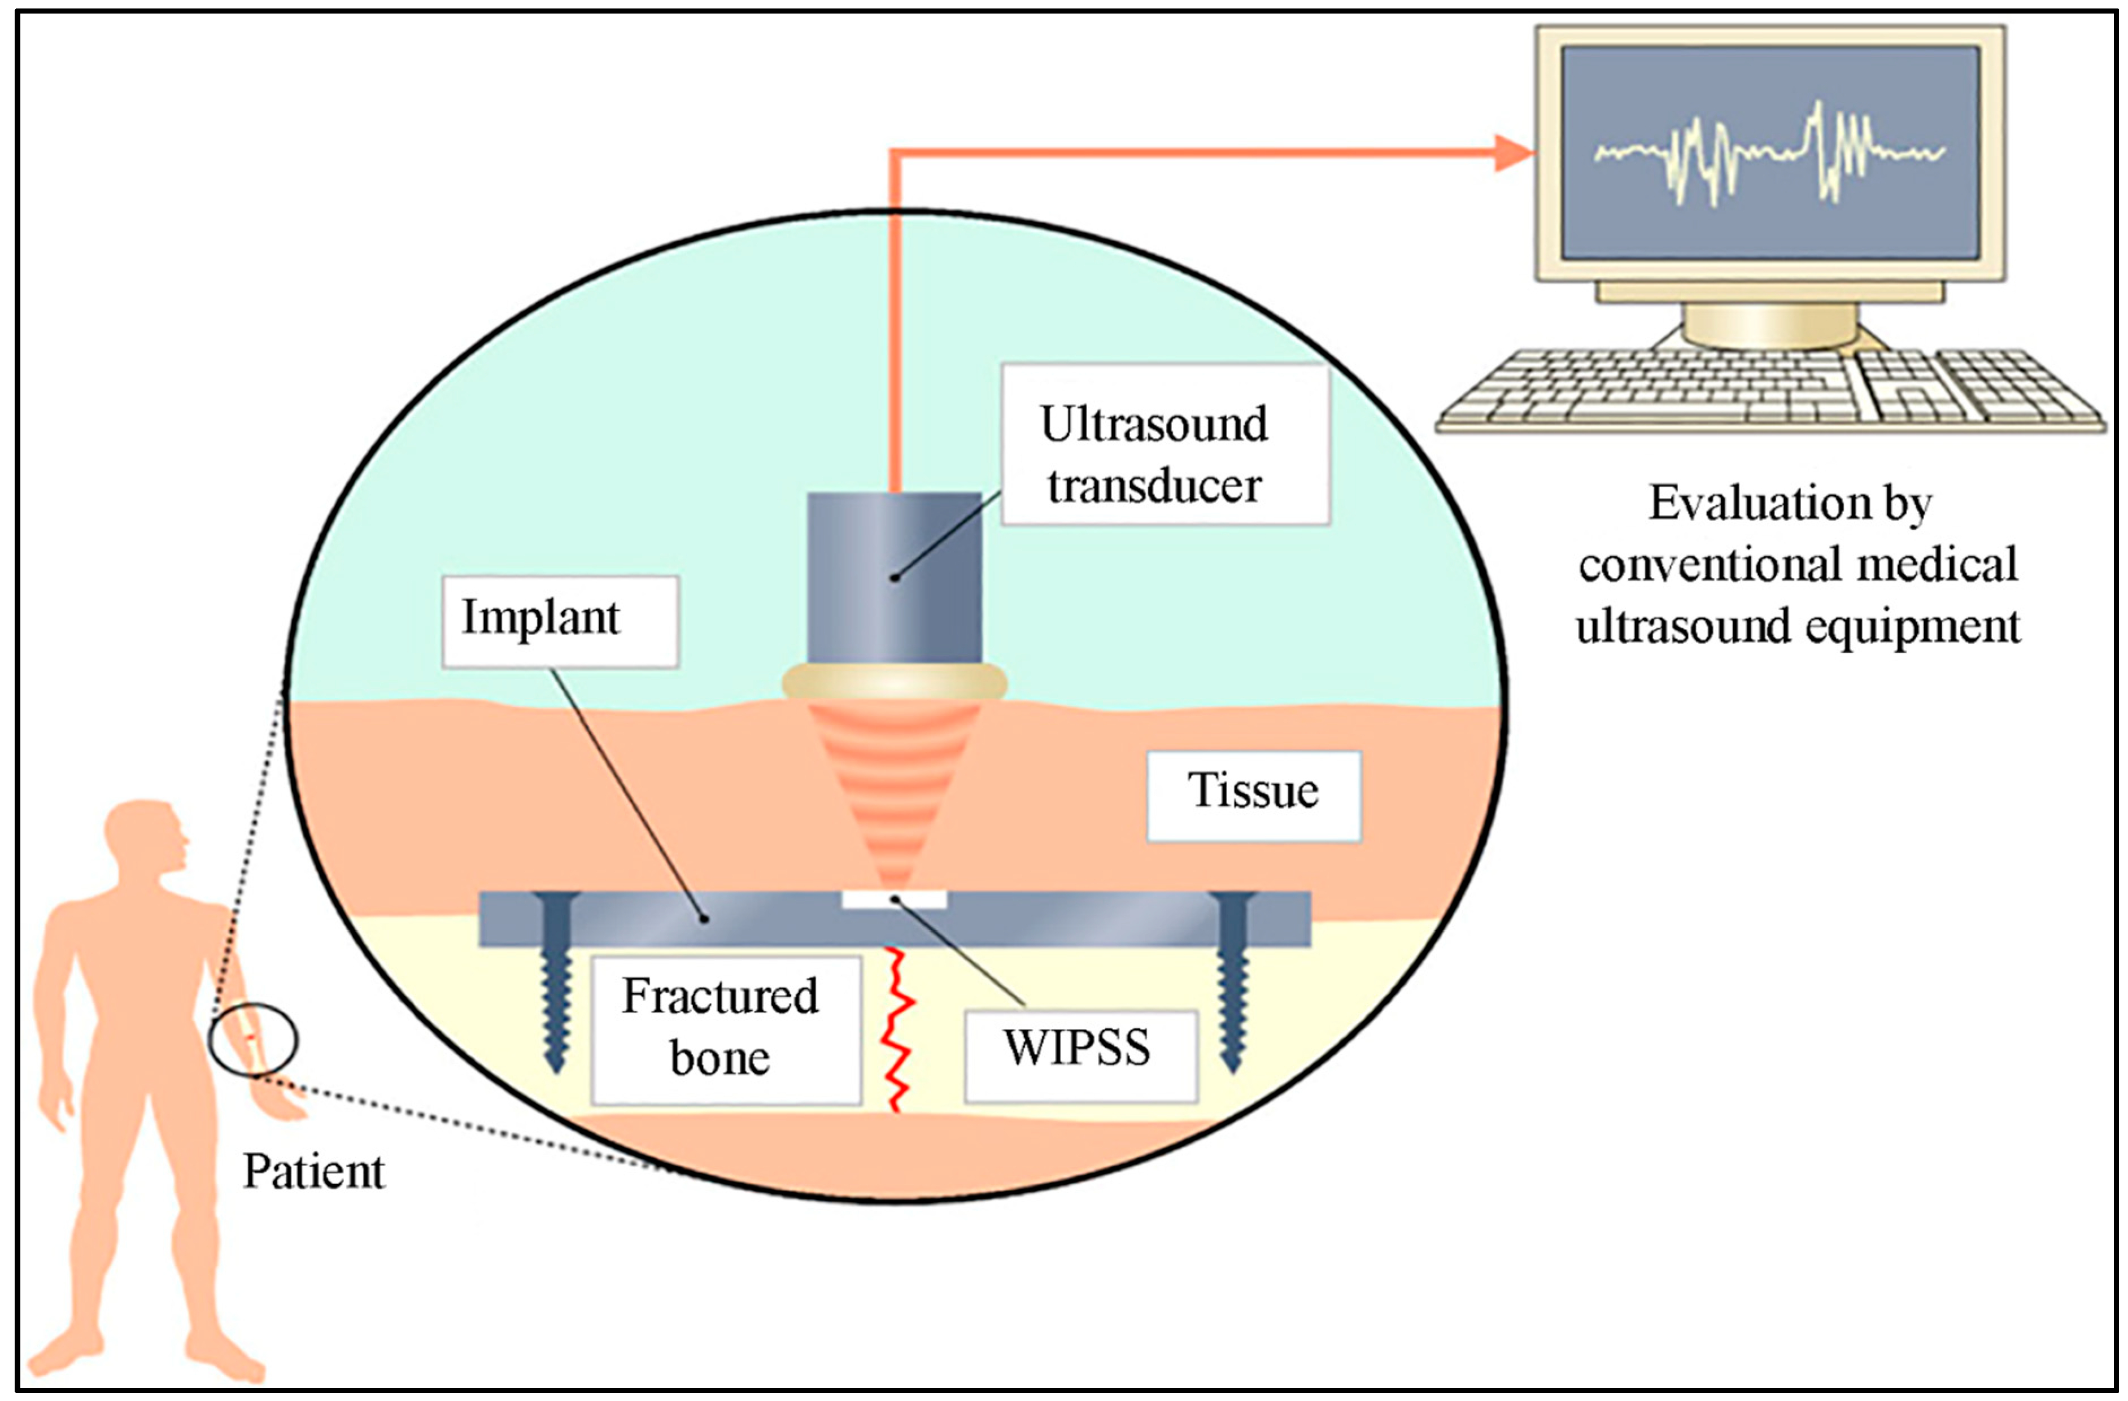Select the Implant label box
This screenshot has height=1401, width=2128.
click(560, 621)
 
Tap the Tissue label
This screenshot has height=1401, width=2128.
click(1254, 795)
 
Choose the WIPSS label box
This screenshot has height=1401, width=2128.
click(1080, 1055)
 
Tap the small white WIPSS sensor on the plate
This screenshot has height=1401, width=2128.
click(893, 898)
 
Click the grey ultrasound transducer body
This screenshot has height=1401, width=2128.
click(894, 577)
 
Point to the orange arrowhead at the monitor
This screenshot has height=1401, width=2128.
click(1514, 153)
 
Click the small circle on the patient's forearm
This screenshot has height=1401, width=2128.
click(253, 1039)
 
